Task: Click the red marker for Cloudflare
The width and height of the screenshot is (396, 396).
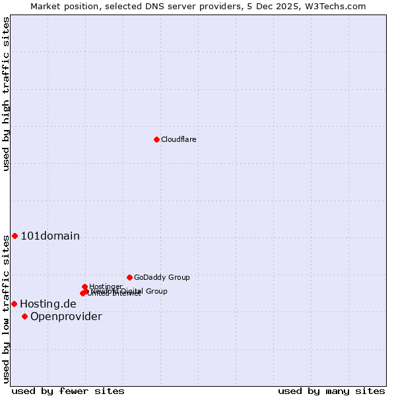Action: tap(156, 139)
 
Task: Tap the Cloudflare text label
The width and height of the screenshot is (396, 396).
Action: tap(178, 140)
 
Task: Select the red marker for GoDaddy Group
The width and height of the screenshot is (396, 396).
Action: tap(129, 277)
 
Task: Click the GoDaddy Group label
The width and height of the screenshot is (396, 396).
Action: tap(162, 278)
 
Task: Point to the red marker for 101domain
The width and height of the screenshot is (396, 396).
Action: tap(15, 236)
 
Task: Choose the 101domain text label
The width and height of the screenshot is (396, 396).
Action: tap(50, 236)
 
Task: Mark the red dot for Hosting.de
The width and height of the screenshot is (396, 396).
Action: tap(14, 304)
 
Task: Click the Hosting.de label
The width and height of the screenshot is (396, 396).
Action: tap(48, 304)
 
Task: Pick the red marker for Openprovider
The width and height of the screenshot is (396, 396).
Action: tap(24, 316)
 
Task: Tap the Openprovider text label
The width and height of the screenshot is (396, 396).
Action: tap(66, 317)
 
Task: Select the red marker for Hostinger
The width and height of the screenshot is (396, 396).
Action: tap(85, 286)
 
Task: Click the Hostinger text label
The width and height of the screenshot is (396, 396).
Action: tap(106, 286)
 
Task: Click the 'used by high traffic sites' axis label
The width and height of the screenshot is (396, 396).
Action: tap(6, 94)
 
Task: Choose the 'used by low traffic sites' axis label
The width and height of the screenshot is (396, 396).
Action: tap(6, 308)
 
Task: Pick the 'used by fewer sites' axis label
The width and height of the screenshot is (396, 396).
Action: tap(68, 391)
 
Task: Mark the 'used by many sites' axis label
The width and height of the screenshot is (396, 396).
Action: tap(331, 391)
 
